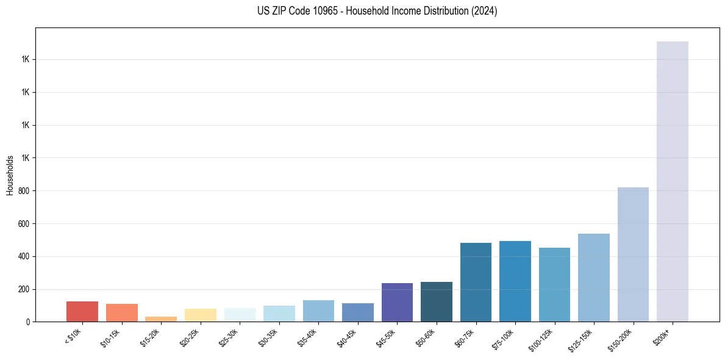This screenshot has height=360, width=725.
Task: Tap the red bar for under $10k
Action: click(82, 311)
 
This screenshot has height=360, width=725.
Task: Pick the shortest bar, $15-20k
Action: click(161, 319)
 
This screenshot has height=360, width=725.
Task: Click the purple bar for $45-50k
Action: click(397, 302)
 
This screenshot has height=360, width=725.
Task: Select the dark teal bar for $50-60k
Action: click(437, 301)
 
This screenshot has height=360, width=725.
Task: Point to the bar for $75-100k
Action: click(515, 281)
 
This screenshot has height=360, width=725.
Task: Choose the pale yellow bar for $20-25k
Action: click(201, 315)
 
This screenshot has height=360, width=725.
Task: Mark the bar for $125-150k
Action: click(594, 278)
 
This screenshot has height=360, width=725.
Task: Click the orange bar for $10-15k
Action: click(122, 312)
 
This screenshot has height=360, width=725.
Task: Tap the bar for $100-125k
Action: click(554, 284)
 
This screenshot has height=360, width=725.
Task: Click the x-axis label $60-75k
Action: click(465, 336)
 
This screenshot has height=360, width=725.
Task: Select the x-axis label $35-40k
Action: click(307, 336)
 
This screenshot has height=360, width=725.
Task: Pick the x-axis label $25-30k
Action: click(229, 336)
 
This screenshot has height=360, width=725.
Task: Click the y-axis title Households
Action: click(10, 175)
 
